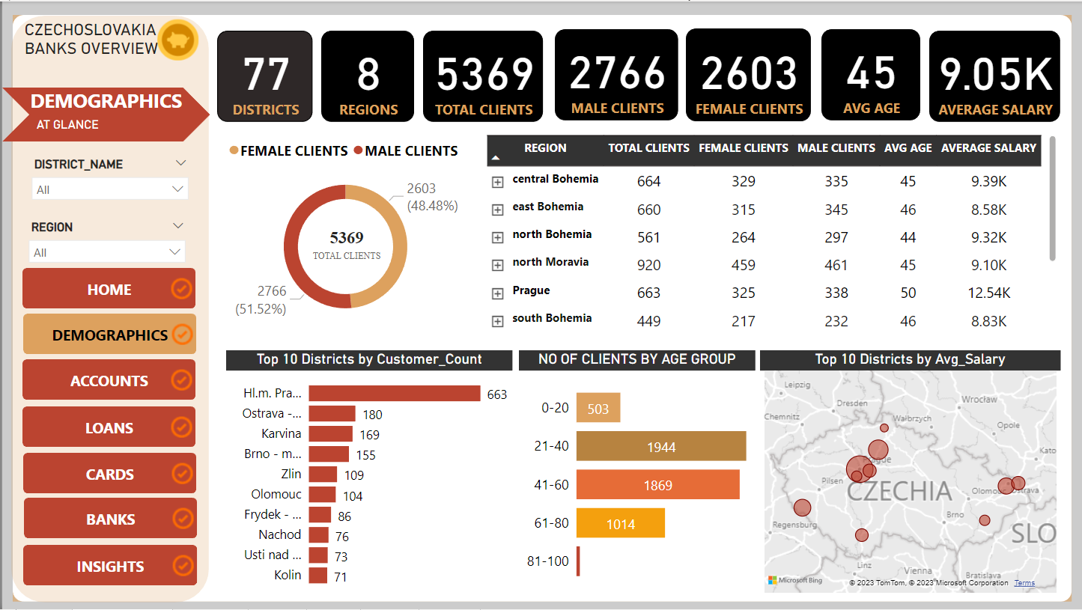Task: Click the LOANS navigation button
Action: click(x=109, y=427)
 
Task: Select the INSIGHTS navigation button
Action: click(x=109, y=566)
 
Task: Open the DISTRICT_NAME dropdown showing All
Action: click(x=109, y=189)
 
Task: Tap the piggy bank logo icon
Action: click(x=178, y=39)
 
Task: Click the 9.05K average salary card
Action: click(x=994, y=76)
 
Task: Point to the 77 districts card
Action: click(x=265, y=76)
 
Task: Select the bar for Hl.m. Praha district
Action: click(x=394, y=394)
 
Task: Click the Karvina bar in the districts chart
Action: click(x=330, y=434)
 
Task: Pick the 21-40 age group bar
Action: click(x=660, y=446)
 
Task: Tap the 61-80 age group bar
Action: click(x=620, y=524)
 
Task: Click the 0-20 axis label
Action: click(x=555, y=408)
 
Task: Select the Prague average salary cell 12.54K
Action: click(x=988, y=293)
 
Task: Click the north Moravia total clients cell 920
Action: click(x=648, y=265)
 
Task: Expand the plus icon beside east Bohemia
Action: click(x=497, y=210)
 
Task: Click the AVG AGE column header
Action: click(x=908, y=148)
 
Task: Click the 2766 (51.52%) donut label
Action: click(x=261, y=299)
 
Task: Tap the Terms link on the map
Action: click(x=1024, y=583)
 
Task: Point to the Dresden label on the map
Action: click(x=852, y=403)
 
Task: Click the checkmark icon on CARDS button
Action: click(x=181, y=474)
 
